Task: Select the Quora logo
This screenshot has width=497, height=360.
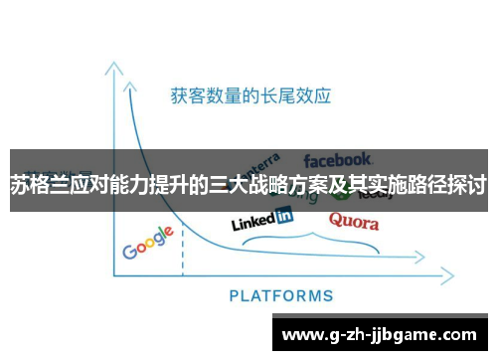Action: coord(353,220)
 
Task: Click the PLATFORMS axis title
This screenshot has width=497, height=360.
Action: coord(281,295)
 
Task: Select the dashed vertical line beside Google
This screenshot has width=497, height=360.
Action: coord(183,244)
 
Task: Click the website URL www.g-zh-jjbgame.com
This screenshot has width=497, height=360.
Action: coord(384,332)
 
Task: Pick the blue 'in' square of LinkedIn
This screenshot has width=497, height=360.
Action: coord(284,215)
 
